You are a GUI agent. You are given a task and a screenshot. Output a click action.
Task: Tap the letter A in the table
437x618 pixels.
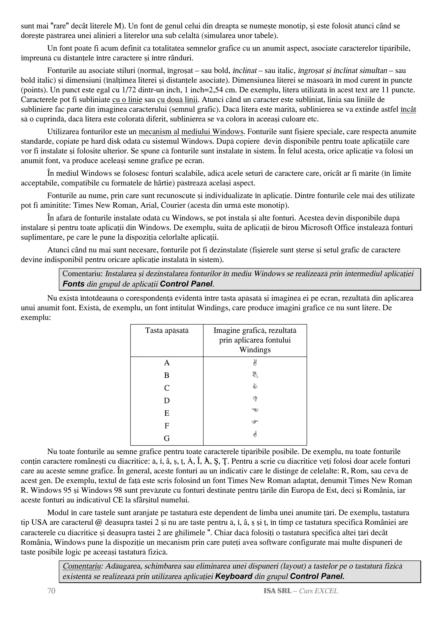click(167, 363)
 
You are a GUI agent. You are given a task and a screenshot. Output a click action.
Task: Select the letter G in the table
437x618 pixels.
click(167, 438)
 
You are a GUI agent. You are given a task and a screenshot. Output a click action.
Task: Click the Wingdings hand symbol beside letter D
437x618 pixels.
click(255, 399)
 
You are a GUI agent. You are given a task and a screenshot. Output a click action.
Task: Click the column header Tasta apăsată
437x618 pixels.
click(167, 330)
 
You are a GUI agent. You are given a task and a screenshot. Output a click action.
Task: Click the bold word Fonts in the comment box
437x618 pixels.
click(73, 284)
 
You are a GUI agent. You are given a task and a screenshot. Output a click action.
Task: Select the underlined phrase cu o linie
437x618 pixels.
click(127, 100)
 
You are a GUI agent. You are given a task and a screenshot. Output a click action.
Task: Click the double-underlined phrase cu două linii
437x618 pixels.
click(178, 100)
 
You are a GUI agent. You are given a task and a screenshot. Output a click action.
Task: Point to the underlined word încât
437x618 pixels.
click(408, 109)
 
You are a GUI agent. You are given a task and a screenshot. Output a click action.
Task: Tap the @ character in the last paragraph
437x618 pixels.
click(99, 522)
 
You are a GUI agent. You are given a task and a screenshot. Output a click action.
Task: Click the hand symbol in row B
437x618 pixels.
click(255, 374)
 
